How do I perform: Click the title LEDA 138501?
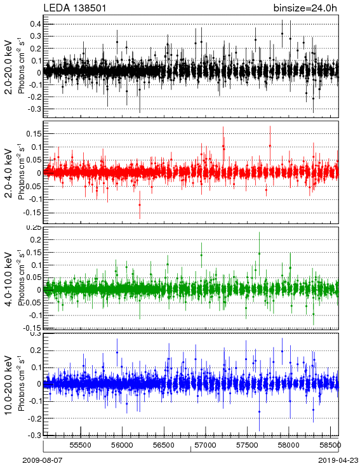coord(75,8)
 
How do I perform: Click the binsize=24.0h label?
coord(305,8)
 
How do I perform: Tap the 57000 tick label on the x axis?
coord(206,445)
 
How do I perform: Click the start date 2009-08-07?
coord(43,460)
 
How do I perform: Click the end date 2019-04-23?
coord(338,460)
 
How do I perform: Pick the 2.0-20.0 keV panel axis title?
coord(9,67)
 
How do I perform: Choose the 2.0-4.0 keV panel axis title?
coord(9,173)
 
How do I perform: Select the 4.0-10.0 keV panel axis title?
coord(9,279)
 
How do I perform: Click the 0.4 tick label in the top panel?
coord(35,23)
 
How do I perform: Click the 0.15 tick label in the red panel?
coord(34,134)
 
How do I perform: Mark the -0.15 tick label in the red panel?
coord(32,213)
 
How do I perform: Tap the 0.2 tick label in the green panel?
coord(35,239)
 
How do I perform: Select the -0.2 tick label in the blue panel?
coord(34,418)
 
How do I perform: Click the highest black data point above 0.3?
coord(282,34)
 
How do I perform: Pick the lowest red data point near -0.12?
coord(140,205)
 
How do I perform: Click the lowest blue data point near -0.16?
coord(259,411)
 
